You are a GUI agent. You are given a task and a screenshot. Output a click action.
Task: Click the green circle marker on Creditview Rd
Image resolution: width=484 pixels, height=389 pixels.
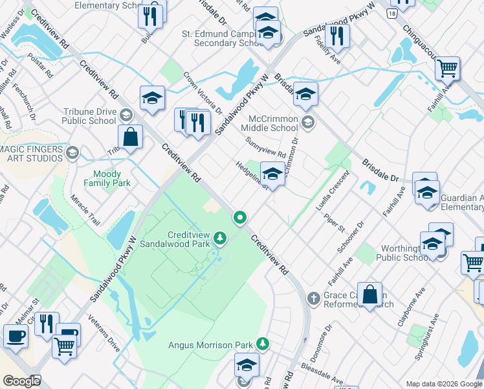[x=240, y=217]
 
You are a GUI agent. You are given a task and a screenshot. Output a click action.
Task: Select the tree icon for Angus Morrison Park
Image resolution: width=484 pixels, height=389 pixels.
[x=263, y=343]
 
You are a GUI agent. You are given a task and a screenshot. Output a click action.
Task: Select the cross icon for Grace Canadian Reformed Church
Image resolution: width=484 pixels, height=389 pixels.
[x=313, y=298]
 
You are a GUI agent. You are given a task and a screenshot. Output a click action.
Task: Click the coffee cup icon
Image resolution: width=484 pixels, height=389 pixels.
[x=15, y=335]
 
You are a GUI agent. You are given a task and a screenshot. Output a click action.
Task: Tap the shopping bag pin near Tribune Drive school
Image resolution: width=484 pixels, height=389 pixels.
[x=130, y=137]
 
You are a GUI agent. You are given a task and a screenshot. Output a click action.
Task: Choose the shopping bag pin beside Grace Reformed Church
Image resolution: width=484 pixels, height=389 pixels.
[x=369, y=294]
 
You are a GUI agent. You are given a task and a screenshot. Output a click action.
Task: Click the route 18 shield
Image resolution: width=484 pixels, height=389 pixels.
[x=391, y=12]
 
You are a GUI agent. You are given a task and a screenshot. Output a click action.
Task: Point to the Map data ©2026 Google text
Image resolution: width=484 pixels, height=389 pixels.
[x=443, y=383]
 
